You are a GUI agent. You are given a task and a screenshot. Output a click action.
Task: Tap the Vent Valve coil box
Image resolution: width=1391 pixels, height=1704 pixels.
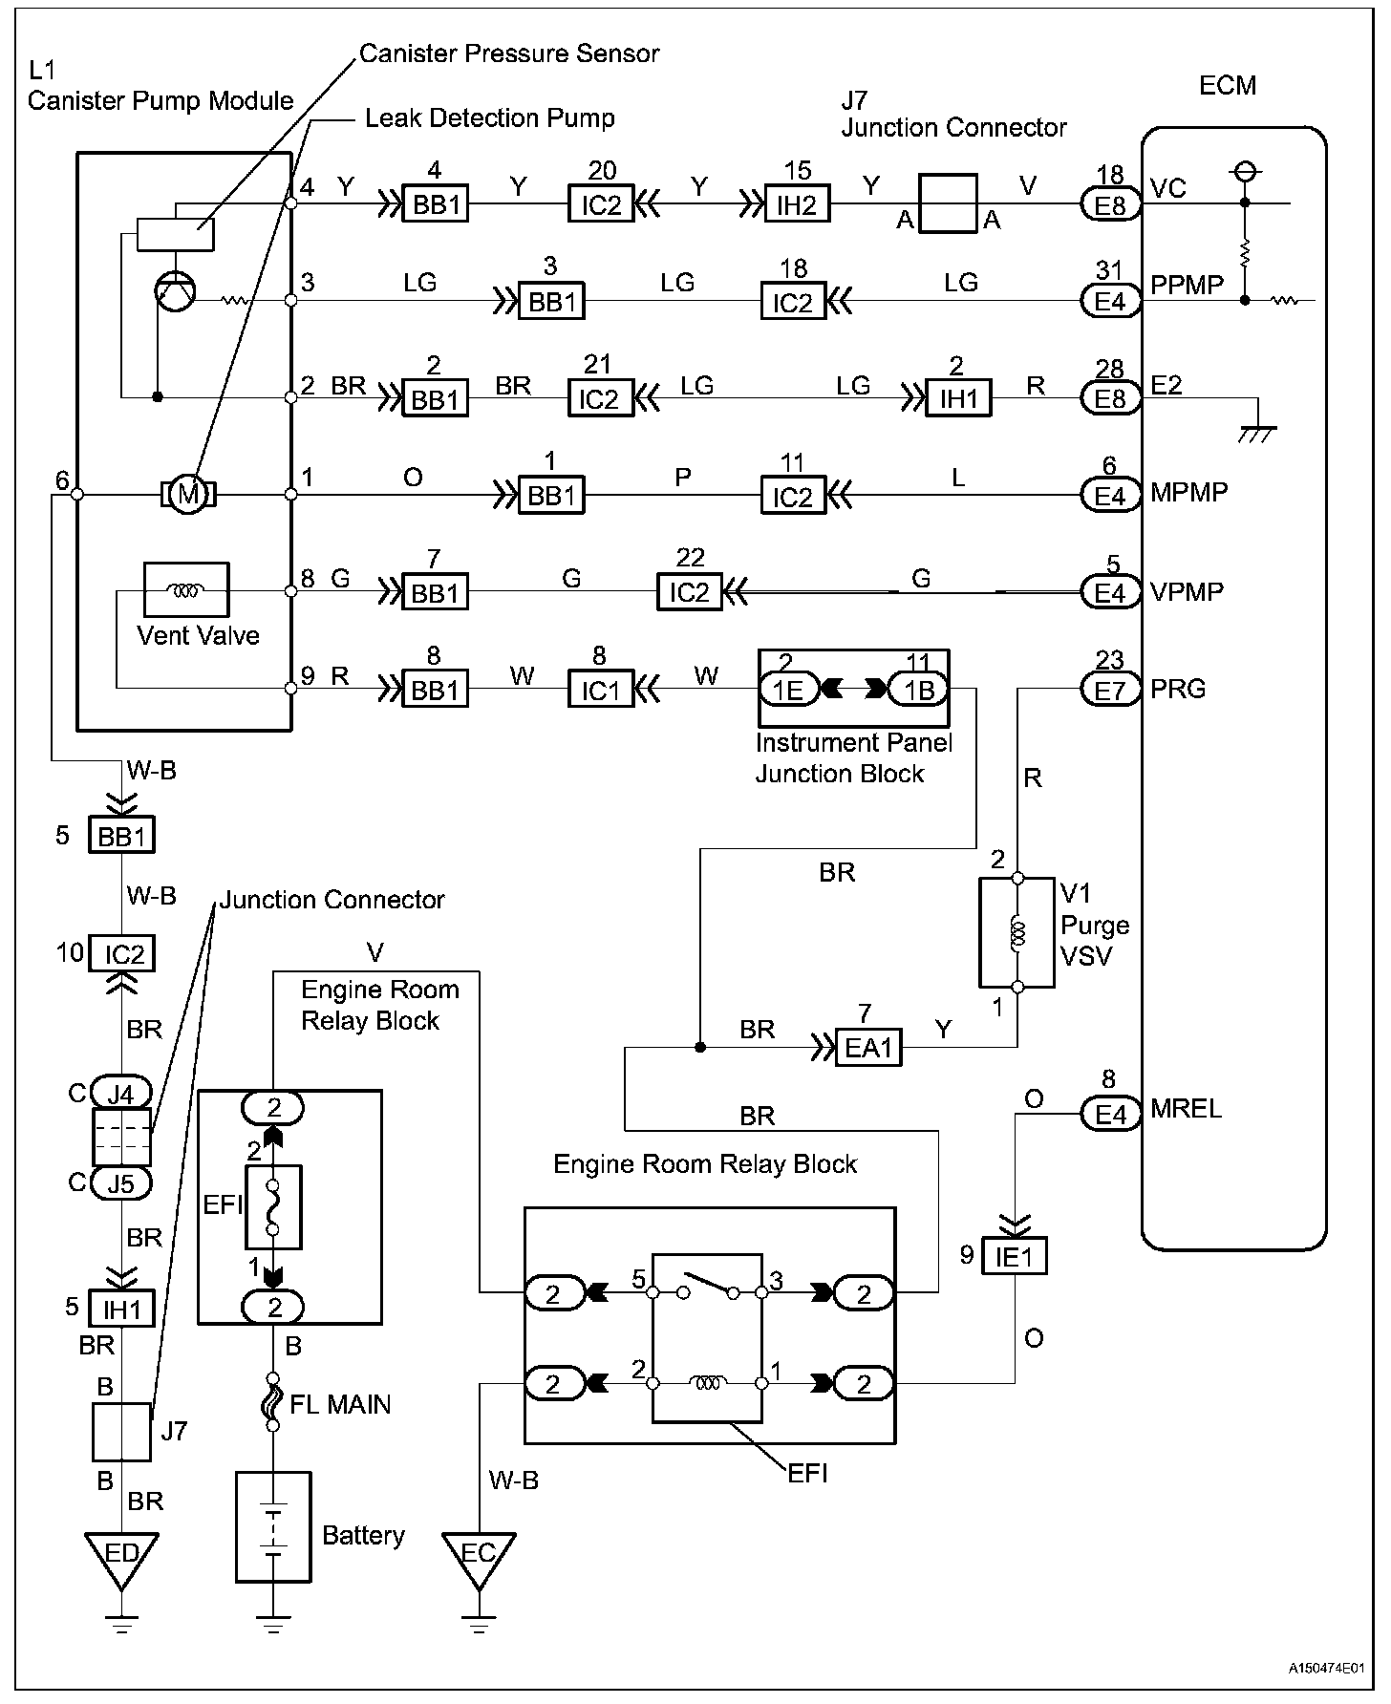[186, 589]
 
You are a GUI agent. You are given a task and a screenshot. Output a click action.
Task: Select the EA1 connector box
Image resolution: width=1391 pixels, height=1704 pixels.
[868, 1048]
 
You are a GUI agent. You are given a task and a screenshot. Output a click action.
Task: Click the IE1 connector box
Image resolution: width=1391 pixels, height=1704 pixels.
[1015, 1256]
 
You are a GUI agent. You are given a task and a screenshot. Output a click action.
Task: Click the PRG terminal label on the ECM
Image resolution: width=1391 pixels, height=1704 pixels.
[1179, 689]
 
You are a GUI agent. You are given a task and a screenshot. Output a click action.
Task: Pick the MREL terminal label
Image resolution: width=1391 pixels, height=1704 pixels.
[1187, 1109]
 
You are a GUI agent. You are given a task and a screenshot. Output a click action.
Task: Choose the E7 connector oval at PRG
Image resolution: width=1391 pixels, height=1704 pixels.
[1111, 689]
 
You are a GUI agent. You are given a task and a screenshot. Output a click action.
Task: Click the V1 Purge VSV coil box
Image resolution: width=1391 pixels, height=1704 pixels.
[1017, 932]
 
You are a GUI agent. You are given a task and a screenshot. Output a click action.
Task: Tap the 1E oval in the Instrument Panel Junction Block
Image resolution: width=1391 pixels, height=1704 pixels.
[789, 689]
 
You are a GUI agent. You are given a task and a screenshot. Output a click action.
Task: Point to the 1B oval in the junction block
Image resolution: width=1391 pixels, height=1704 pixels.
[918, 689]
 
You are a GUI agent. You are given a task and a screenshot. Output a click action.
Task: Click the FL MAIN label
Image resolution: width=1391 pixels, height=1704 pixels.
[340, 1404]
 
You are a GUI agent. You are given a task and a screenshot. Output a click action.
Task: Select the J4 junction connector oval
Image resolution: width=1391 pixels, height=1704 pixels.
[121, 1092]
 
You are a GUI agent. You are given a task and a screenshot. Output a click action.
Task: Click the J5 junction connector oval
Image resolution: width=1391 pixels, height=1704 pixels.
[121, 1183]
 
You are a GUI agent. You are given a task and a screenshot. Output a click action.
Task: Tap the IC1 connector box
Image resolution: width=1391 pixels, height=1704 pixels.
[601, 689]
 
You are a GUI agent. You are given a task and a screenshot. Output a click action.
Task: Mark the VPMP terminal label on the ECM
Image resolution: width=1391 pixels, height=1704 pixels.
[1188, 592]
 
